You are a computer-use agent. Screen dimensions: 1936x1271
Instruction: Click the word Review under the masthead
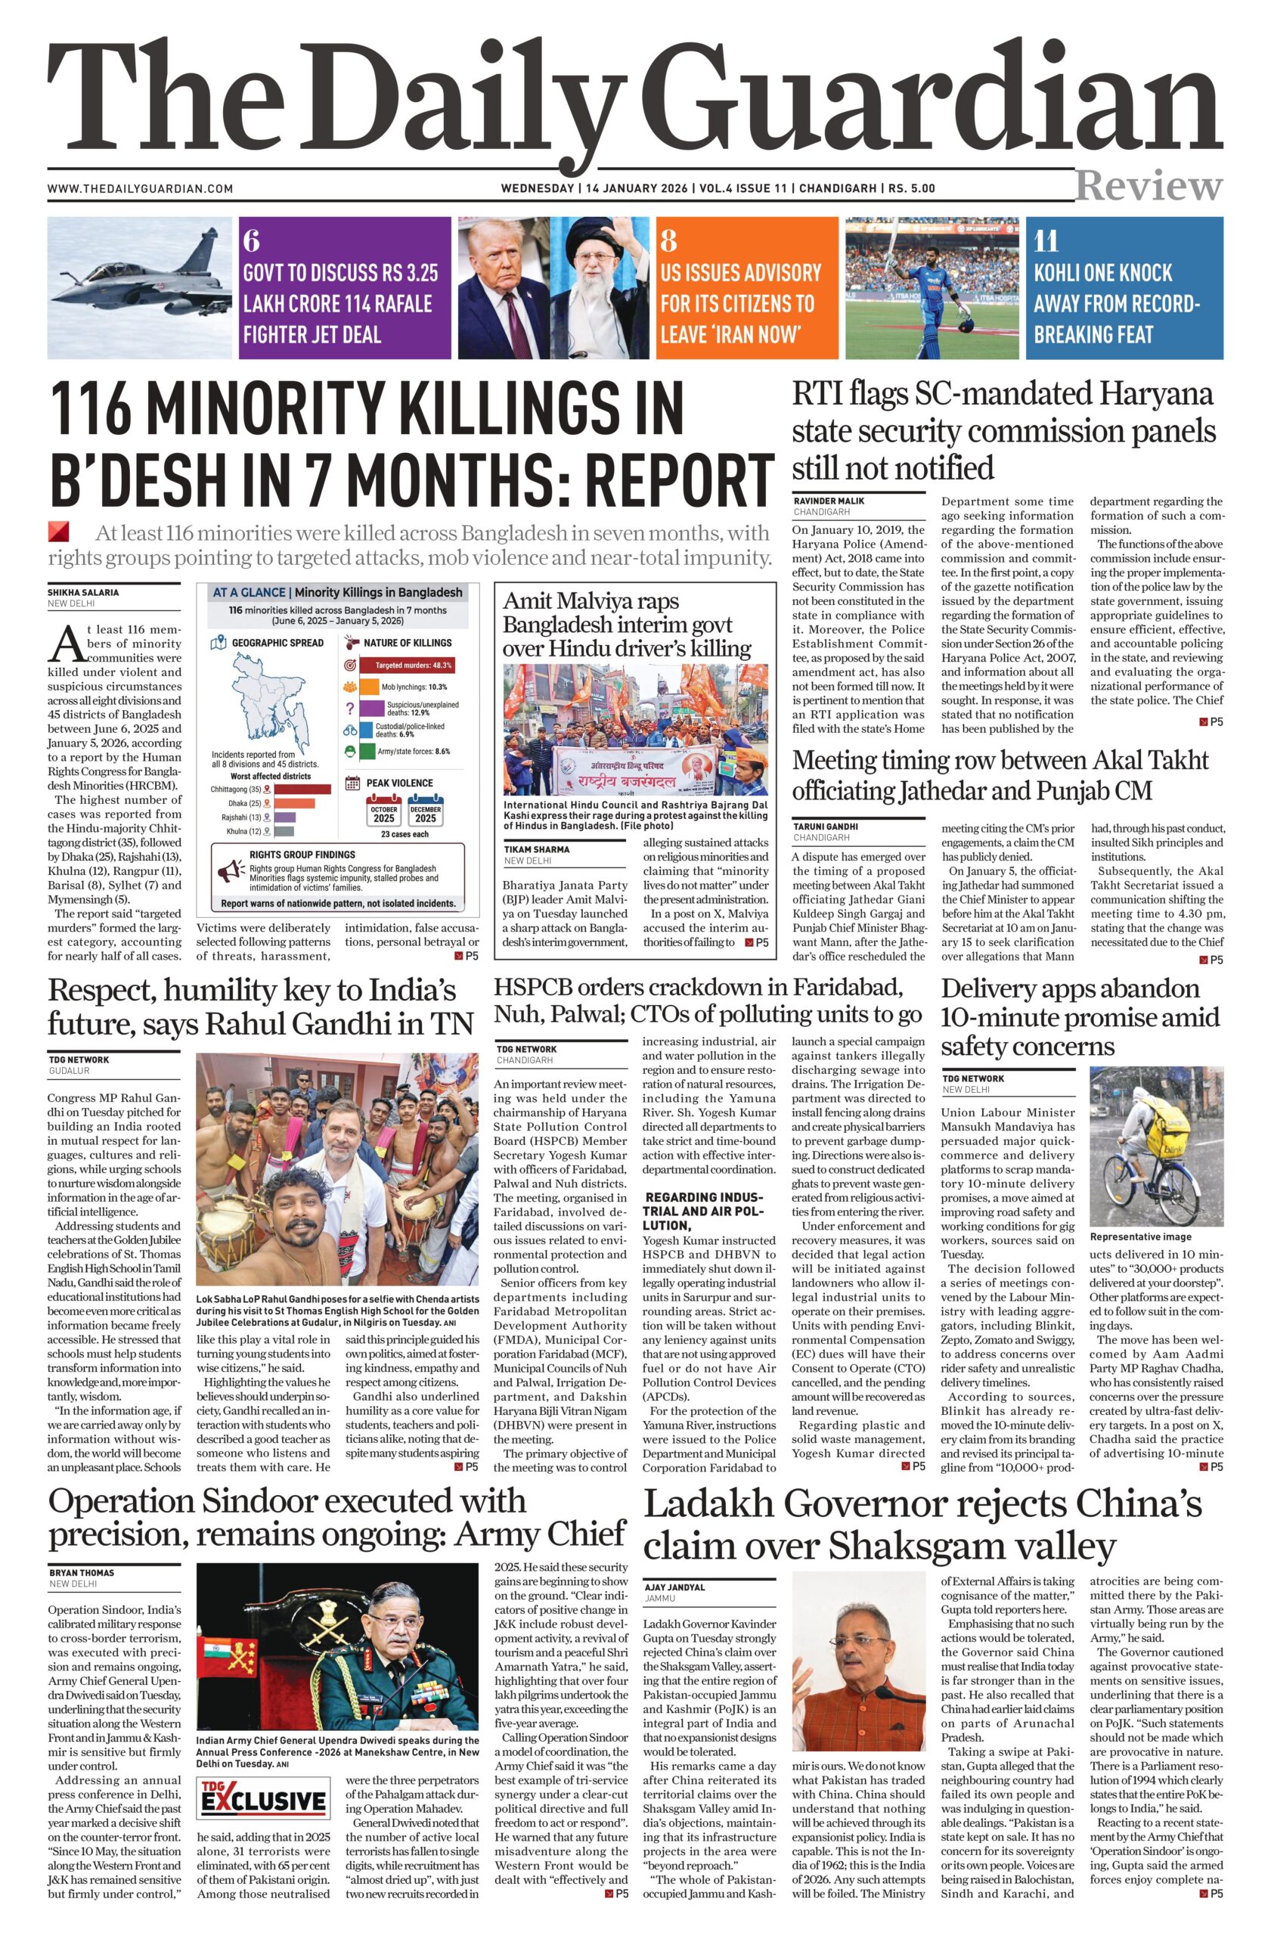pyautogui.click(x=1149, y=186)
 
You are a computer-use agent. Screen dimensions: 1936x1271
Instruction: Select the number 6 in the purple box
pyautogui.click(x=251, y=241)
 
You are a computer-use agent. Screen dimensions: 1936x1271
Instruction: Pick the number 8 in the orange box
pyautogui.click(x=668, y=241)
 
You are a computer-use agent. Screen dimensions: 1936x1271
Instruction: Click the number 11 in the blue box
pyautogui.click(x=1046, y=241)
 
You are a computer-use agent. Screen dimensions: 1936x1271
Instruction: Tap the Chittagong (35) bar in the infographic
pyautogui.click(x=303, y=789)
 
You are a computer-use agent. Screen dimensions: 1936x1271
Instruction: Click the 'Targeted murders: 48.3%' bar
pyautogui.click(x=412, y=665)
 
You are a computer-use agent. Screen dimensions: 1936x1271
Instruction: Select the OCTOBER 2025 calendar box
pyautogui.click(x=384, y=814)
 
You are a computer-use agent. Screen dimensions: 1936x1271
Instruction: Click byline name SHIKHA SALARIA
pyautogui.click(x=83, y=593)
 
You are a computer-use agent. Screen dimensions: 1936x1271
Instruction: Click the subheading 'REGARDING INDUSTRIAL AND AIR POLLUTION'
pyautogui.click(x=704, y=1211)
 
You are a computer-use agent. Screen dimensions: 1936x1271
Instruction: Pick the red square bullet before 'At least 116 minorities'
pyautogui.click(x=58, y=532)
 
